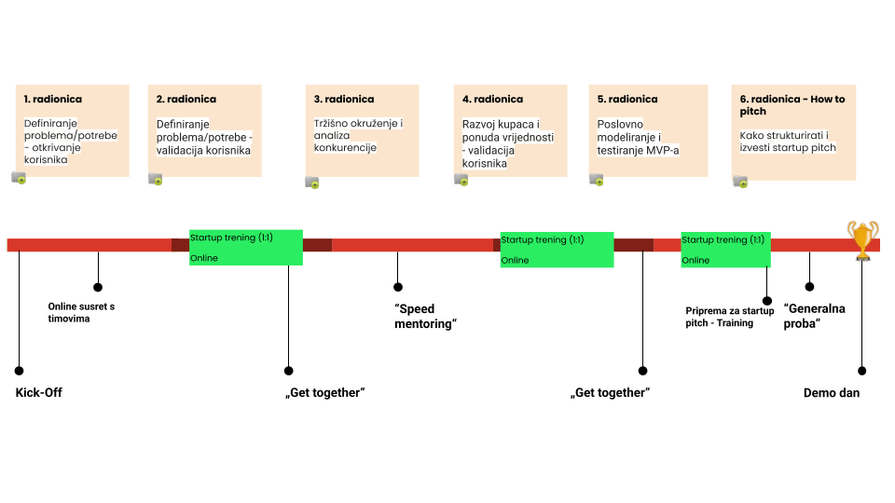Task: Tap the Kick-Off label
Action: (x=38, y=393)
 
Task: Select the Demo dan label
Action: (x=831, y=393)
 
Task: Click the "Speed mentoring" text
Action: (x=426, y=317)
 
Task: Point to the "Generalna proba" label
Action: (x=814, y=315)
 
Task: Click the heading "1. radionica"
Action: (x=52, y=99)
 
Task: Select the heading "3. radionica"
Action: (x=344, y=99)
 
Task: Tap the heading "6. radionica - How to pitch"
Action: (x=792, y=105)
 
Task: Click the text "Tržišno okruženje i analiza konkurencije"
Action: (x=358, y=135)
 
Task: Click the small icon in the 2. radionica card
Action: (x=155, y=179)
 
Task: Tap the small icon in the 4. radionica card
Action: (x=461, y=180)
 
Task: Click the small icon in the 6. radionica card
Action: (x=739, y=181)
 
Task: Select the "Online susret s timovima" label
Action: (x=81, y=312)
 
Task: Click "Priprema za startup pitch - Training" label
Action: (x=730, y=316)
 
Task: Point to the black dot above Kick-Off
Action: (x=19, y=370)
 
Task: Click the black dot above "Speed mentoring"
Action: (x=398, y=287)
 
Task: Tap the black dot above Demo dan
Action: (x=861, y=370)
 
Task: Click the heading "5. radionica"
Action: (x=627, y=99)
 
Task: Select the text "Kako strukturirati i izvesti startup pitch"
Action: (x=789, y=141)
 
